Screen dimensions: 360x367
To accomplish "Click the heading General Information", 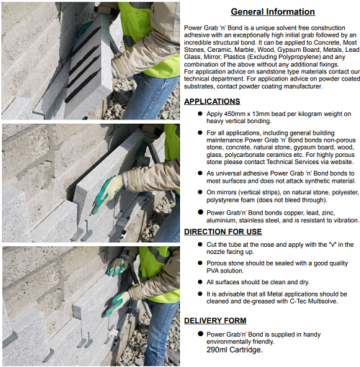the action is tap(273, 12).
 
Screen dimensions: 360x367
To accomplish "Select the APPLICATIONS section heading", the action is tap(212, 101).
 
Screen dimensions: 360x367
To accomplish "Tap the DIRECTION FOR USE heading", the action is tap(223, 232).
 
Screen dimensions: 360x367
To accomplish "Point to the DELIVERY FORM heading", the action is tap(215, 321).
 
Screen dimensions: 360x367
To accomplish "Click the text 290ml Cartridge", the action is tap(235, 350).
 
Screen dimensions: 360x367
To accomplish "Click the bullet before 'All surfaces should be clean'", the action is tap(200, 282).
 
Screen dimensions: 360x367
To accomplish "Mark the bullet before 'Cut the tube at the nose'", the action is tap(200, 245).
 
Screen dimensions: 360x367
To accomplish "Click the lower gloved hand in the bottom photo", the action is tap(117, 304).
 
